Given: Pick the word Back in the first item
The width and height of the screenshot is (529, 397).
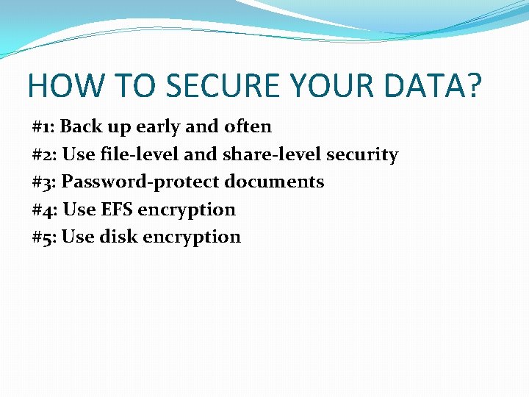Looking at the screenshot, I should (81, 126).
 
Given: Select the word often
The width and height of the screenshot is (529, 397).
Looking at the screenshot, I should (248, 126).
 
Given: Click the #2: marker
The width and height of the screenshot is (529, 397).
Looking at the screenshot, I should (45, 154).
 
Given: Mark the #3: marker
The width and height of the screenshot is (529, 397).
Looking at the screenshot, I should (45, 182).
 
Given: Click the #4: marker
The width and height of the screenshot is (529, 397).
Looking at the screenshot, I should (45, 210).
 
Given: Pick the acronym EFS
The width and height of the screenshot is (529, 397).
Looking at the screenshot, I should (117, 210).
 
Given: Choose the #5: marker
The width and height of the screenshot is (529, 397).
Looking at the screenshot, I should (45, 237).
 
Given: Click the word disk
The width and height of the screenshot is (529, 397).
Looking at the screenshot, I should (118, 237).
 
